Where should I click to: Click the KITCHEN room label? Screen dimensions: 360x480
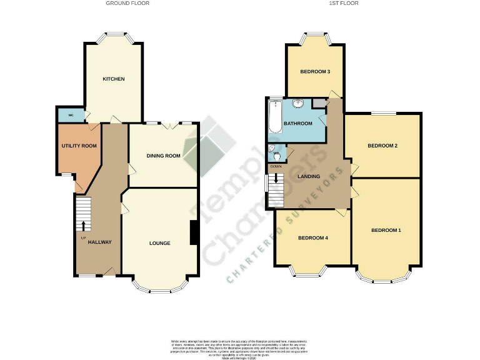coord(114,79)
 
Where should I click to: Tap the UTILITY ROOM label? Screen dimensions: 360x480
coord(79,146)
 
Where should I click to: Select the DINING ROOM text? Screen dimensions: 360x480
coord(163,156)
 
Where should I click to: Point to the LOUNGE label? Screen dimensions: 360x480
coord(160,242)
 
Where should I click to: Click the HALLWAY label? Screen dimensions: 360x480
coord(99,242)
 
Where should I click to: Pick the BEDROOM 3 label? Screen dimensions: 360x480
coord(315,71)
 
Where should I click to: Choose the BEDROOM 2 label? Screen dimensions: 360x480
coord(382,146)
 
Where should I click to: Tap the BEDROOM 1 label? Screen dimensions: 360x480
coord(386,231)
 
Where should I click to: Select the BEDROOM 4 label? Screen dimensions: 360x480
coord(312,237)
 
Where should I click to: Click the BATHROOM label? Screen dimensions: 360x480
coord(297,123)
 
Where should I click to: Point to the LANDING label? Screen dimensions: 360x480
coord(309,176)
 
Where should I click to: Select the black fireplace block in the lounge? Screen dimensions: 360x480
coord(194,234)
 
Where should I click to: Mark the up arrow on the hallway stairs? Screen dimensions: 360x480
coord(83,225)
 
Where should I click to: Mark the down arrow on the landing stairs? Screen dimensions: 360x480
coord(276,179)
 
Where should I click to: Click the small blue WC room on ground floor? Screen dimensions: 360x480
coord(71,116)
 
